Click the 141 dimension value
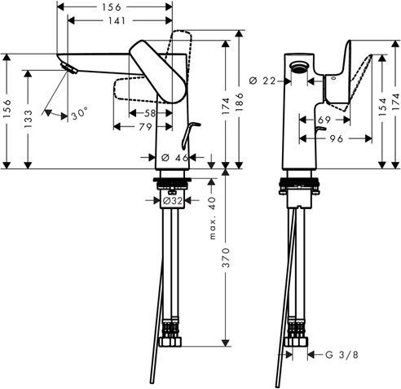coord(116,22)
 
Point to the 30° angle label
coord(78,115)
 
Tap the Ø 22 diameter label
coord(263,80)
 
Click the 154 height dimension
coord(381,107)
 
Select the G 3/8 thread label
coord(340,355)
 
